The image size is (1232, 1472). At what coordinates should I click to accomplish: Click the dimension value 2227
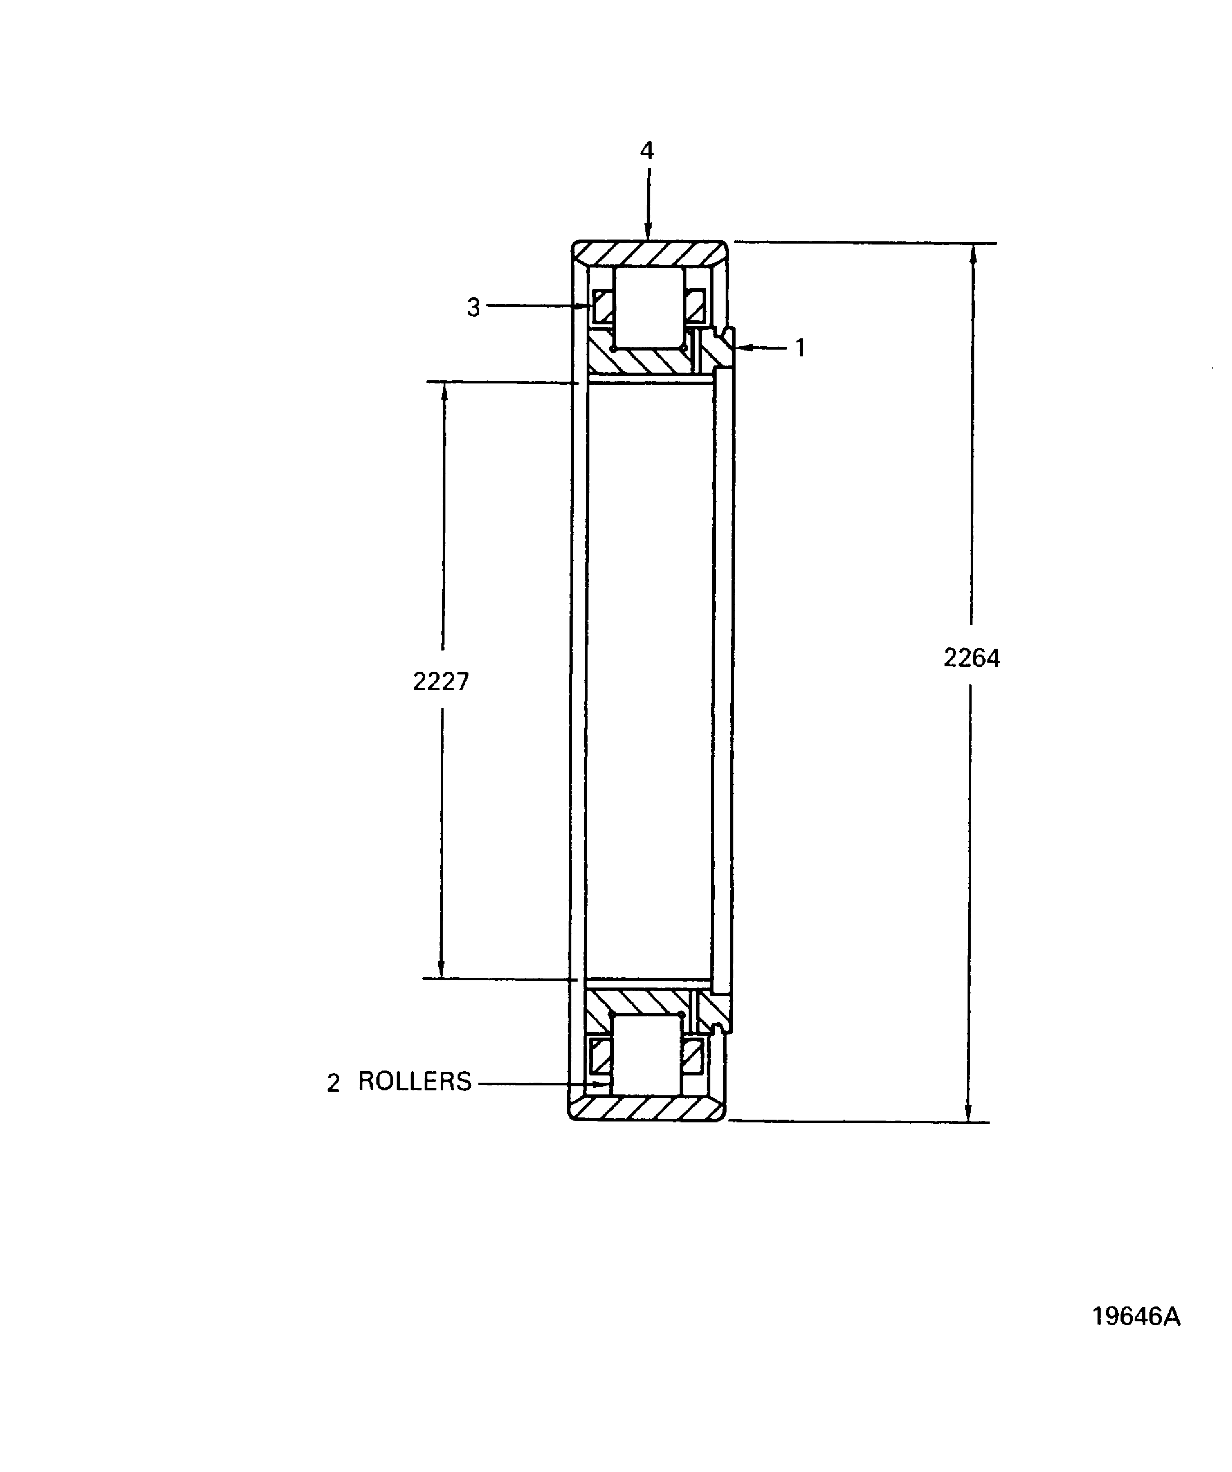(x=440, y=681)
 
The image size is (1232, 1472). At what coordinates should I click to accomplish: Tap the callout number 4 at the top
(x=647, y=151)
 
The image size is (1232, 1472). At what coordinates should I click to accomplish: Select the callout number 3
(x=474, y=308)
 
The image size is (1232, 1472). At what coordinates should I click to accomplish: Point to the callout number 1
(x=800, y=348)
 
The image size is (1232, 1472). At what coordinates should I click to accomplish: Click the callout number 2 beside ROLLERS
(x=333, y=1084)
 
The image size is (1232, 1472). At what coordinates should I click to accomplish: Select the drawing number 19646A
(x=1136, y=1316)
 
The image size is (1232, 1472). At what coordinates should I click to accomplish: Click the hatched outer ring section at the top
(x=648, y=253)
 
